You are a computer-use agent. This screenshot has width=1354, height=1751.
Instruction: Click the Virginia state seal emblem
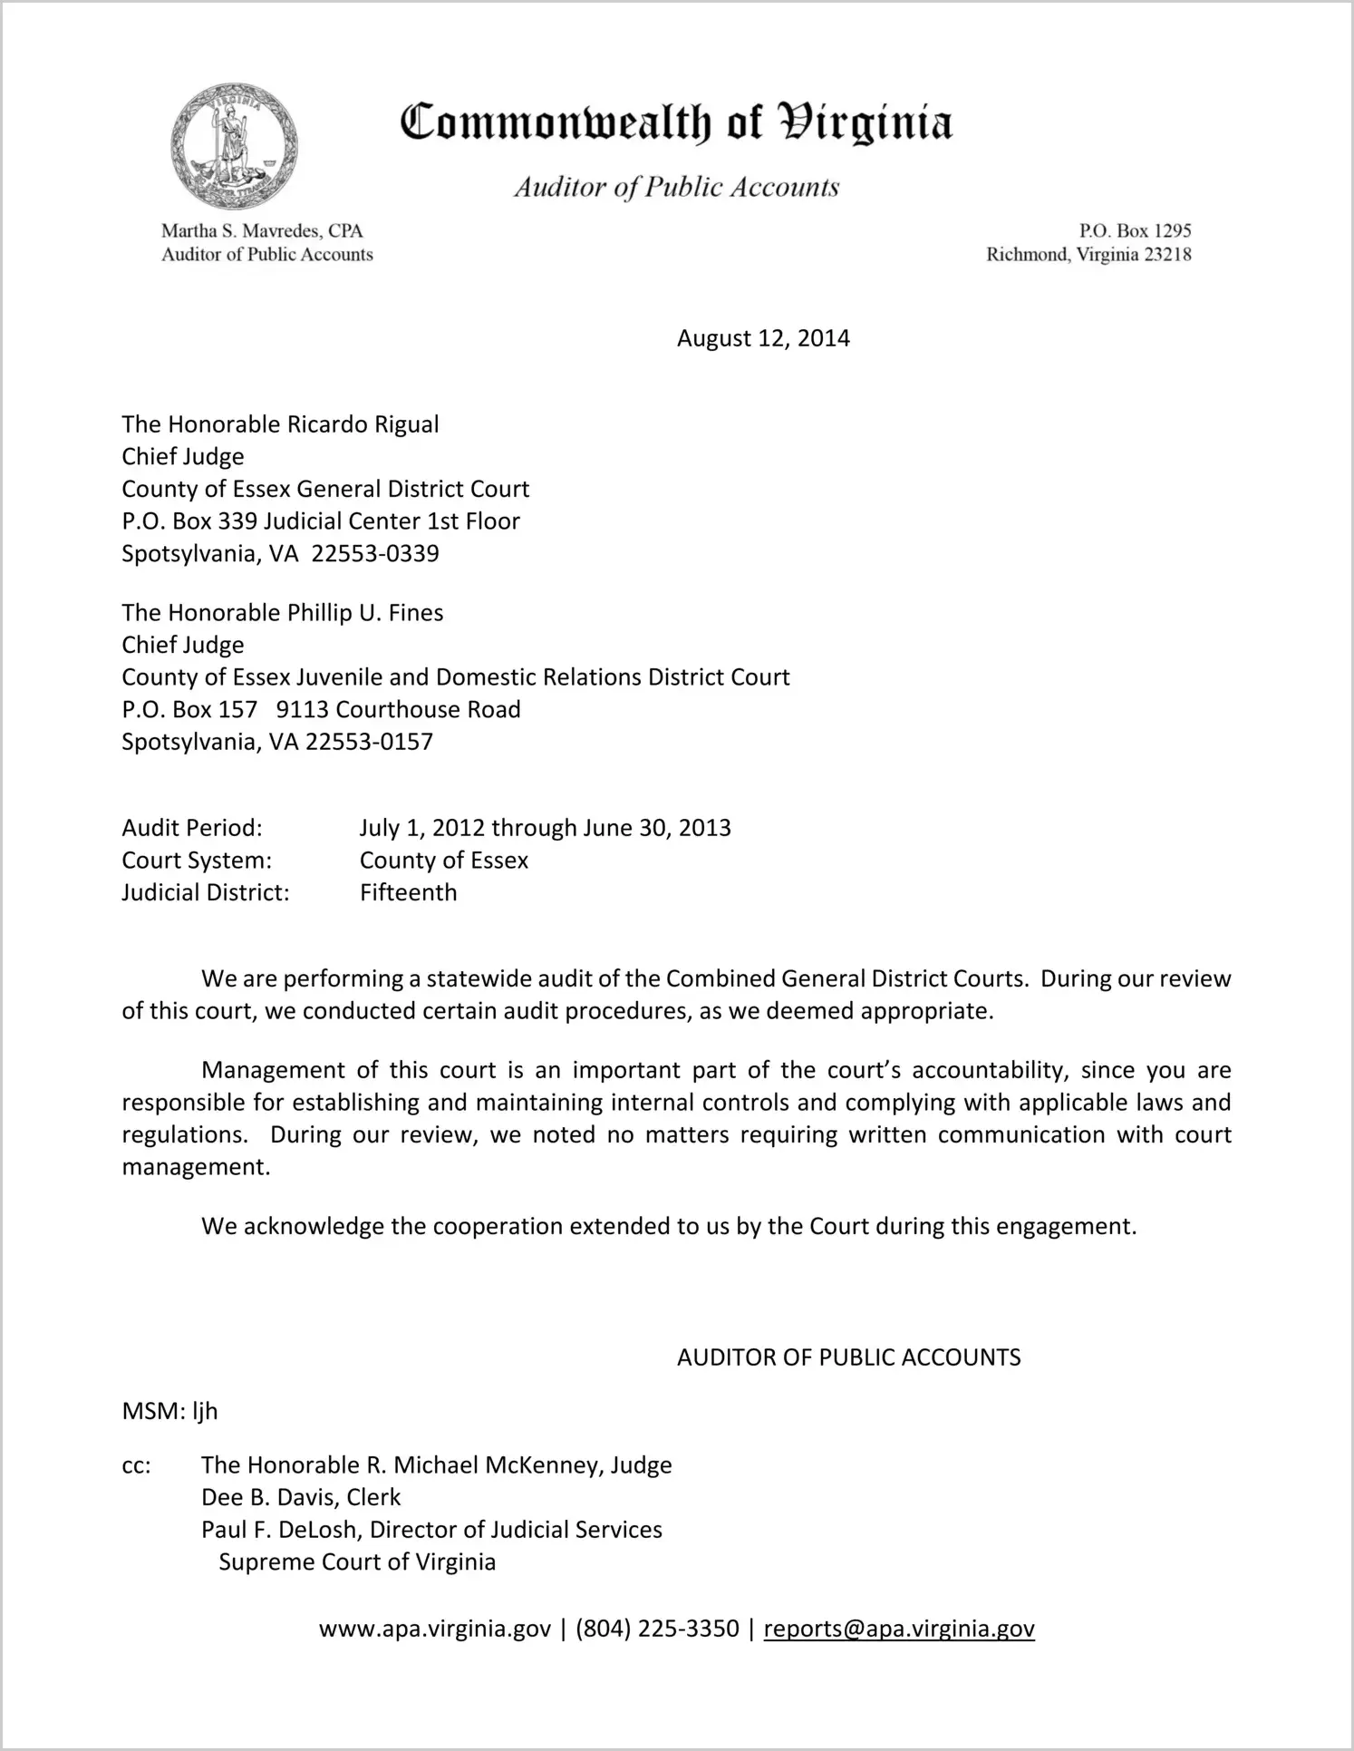click(234, 147)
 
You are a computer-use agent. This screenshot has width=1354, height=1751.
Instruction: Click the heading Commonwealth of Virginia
click(676, 123)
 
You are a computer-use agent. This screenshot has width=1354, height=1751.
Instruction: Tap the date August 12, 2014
click(763, 338)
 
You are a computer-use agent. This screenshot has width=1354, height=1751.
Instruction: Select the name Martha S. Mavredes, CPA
click(262, 231)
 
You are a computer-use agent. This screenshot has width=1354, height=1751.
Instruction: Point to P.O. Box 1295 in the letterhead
click(1135, 231)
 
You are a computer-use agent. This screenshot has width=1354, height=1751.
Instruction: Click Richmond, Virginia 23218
click(1088, 255)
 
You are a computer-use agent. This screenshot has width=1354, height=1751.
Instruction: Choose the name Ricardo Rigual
click(363, 424)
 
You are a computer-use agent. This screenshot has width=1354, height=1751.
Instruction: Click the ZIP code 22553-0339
click(375, 553)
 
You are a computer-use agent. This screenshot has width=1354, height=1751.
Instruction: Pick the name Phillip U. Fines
click(365, 613)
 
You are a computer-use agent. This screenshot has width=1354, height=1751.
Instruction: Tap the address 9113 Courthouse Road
click(399, 709)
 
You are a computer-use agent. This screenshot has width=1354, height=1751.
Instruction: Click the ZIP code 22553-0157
click(370, 742)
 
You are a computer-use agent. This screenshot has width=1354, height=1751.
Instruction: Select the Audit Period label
click(192, 828)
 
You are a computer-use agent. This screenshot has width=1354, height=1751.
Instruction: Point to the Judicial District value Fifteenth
click(408, 892)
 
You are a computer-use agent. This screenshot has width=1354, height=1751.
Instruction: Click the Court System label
click(197, 860)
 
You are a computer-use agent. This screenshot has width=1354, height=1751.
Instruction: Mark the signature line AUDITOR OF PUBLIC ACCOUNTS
click(848, 1357)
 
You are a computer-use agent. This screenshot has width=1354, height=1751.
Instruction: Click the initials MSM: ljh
click(170, 1411)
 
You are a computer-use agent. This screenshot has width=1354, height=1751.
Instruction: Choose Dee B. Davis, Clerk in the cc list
click(301, 1497)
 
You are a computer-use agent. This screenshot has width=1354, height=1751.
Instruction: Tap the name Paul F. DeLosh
click(281, 1530)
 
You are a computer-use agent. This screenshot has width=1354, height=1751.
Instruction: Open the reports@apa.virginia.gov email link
click(899, 1629)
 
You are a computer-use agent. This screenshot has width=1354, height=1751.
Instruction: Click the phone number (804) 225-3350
click(657, 1629)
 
